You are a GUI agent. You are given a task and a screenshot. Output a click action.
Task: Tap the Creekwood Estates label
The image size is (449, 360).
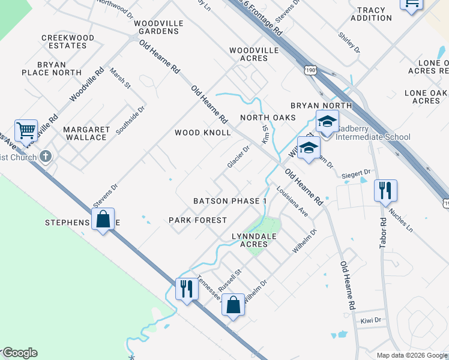tap(68, 41)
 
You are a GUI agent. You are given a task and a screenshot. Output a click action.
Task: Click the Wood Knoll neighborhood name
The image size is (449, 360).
tap(202, 133)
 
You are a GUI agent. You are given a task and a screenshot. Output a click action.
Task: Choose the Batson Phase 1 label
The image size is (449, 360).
tap(229, 201)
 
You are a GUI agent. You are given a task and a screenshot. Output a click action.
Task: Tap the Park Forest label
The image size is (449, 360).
tap(197, 220)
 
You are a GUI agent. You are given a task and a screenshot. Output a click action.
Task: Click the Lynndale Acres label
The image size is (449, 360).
tap(254, 240)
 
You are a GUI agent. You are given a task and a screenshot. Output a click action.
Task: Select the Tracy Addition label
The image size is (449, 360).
tap(374, 14)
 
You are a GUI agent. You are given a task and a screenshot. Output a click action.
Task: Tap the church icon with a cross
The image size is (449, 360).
tap(46, 157)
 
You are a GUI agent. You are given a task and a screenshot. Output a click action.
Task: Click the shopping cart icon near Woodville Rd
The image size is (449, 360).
tap(26, 130)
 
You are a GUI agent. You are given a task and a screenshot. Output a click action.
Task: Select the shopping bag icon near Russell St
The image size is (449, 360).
tap(233, 304)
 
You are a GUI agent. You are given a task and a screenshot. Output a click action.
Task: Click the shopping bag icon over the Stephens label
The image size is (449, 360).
tap(103, 218)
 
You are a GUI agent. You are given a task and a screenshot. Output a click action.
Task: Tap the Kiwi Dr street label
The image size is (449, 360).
tap(371, 320)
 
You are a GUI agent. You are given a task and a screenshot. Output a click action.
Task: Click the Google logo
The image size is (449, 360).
tap(20, 353)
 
